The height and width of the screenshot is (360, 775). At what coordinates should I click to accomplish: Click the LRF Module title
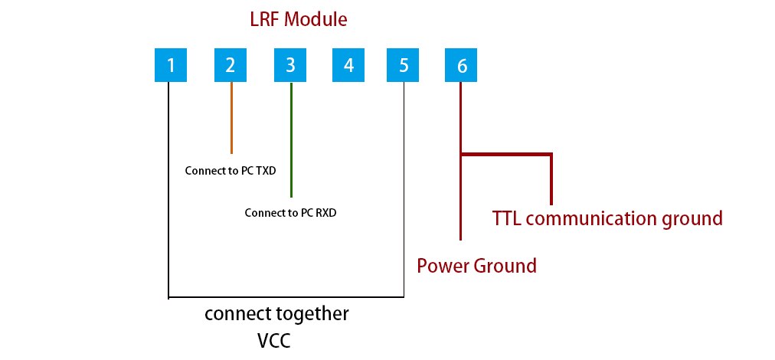[298, 19]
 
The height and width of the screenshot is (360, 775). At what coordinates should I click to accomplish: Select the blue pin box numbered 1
[171, 65]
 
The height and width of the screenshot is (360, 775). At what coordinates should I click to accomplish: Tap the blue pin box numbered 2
[231, 65]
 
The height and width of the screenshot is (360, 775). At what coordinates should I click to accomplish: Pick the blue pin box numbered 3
[290, 65]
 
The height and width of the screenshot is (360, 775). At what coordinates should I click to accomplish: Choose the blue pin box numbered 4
[348, 65]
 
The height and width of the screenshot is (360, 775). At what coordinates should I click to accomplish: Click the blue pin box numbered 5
[404, 65]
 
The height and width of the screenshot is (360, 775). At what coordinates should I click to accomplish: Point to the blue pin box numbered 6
[461, 65]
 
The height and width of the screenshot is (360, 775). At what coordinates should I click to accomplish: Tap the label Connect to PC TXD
[231, 171]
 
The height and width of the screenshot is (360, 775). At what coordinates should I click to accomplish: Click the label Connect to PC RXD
[290, 213]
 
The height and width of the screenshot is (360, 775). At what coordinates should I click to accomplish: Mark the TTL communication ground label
[607, 218]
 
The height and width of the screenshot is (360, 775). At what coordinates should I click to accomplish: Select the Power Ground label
[476, 266]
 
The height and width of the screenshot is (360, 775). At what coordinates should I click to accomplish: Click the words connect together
[276, 313]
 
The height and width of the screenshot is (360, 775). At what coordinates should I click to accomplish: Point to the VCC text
[273, 339]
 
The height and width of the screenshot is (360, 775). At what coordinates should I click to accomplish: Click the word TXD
[265, 171]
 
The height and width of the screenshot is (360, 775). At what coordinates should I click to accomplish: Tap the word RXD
[325, 213]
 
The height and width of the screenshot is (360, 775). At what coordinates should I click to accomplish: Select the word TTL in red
[507, 218]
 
